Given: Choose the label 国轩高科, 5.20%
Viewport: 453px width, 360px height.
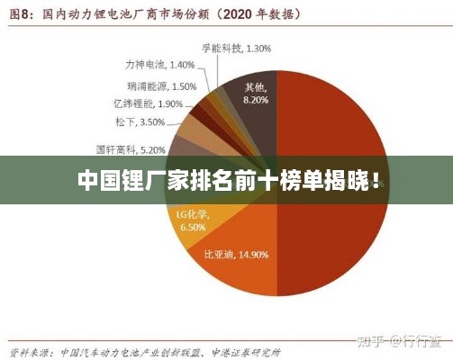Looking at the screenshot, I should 131,149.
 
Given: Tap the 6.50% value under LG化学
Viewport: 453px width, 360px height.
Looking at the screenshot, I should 193,229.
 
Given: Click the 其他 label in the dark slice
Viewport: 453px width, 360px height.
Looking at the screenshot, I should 255,88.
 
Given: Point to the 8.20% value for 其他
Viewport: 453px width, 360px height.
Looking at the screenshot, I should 256,101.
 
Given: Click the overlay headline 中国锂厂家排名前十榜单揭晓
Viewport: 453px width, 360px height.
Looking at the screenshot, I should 226,181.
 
